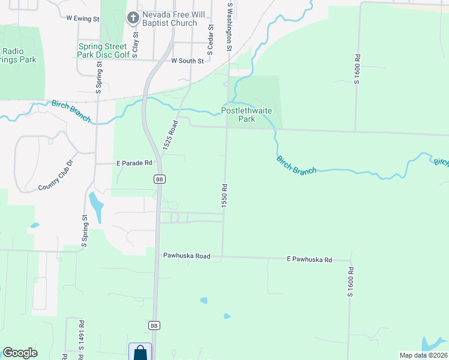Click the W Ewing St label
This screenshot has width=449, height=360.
[x=83, y=19]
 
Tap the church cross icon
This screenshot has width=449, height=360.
[x=133, y=17]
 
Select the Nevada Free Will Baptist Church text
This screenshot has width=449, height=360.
[x=170, y=19]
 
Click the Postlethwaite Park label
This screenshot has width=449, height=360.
[x=247, y=115]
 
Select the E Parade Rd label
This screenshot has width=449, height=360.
[x=134, y=163]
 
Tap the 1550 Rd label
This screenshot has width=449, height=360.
[x=224, y=196]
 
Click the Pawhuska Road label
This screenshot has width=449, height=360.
[x=187, y=256]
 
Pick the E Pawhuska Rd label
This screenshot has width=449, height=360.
[x=309, y=260]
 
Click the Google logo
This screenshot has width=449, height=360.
[x=20, y=353]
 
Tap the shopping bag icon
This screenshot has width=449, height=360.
[x=140, y=352]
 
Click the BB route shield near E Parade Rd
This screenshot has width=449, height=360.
[x=159, y=179]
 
